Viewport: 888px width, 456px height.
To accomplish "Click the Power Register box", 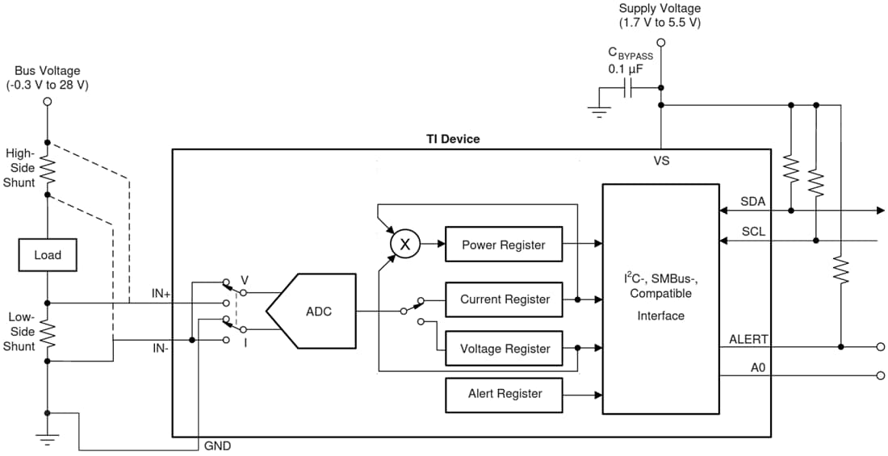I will coord(504,245).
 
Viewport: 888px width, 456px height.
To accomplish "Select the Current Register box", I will coord(504,299).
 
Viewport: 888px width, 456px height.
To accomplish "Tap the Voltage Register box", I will coord(504,349).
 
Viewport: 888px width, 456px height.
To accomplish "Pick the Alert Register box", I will coord(504,394).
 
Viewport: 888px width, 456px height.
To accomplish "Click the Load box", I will coord(47,255).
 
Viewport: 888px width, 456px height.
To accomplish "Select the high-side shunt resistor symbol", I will coord(47,169).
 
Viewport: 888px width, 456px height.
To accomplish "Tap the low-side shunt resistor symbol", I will coord(47,333).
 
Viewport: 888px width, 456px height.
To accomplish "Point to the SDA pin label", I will coord(753,202).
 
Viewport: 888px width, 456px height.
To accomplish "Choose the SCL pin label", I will coord(753,232).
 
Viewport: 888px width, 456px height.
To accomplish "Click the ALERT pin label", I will coord(748,339).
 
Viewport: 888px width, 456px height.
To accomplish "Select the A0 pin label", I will coord(757,367).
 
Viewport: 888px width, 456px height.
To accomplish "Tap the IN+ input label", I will coord(161,294).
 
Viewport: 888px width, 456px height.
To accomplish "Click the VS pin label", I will coord(661,161).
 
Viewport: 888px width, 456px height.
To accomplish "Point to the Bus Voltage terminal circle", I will coord(47,102).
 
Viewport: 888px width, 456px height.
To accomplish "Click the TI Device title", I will coord(452,139).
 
